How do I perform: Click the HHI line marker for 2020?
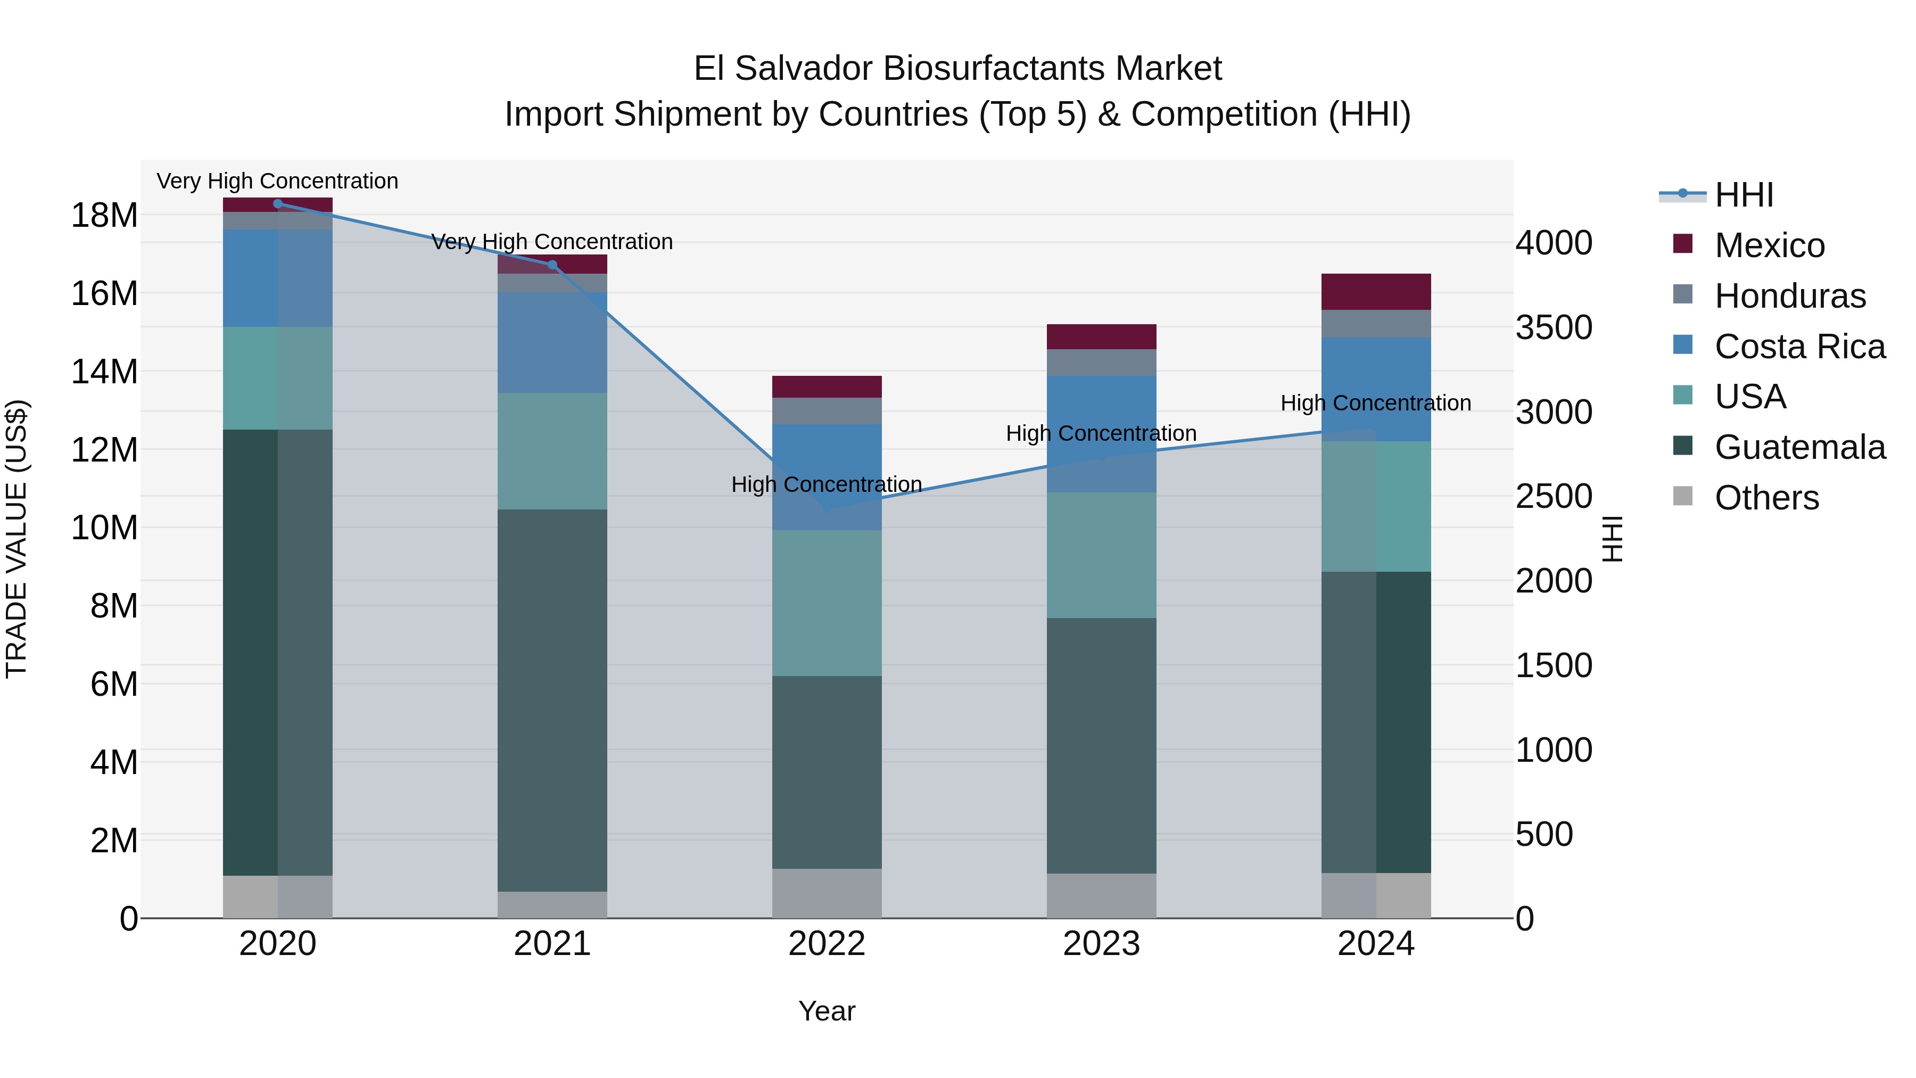click(x=277, y=204)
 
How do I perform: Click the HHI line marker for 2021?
click(x=552, y=265)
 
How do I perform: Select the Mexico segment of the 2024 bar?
click(x=1375, y=292)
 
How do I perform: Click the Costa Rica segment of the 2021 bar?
click(x=552, y=342)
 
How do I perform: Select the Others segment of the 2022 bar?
click(x=827, y=893)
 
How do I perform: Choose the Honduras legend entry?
click(x=1789, y=296)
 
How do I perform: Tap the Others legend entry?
click(x=1766, y=498)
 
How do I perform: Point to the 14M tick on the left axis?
click(x=104, y=371)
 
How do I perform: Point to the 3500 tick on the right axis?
click(x=1554, y=327)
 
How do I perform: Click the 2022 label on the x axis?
click(x=827, y=944)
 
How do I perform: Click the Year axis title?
click(x=827, y=1011)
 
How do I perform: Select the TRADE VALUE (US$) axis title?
click(x=16, y=539)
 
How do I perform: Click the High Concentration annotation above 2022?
click(x=827, y=484)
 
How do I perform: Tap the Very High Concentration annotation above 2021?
click(x=552, y=242)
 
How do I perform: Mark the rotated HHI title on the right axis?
click(x=1612, y=539)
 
